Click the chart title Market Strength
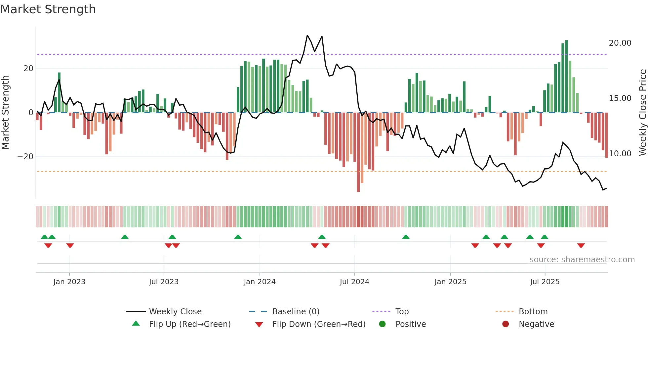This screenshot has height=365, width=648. pos(48,9)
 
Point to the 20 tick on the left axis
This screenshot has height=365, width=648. pos(28,69)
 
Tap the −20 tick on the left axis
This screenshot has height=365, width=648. pos(25,157)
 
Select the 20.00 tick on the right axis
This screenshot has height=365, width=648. pos(620,43)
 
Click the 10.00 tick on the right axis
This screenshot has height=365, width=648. pos(620,154)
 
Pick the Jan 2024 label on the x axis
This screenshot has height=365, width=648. pos(260,282)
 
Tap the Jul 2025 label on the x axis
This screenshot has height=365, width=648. pos(545,282)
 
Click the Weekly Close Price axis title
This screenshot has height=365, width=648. pos(642,113)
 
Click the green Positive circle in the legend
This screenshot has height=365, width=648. pos(383,324)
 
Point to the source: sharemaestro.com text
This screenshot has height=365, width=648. pos(582,260)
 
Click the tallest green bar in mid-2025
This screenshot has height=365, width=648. pos(566,76)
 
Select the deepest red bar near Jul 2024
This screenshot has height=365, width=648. pos(358,152)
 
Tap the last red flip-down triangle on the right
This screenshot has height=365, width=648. pos(581,245)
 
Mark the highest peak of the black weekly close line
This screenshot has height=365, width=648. pos(307,35)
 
